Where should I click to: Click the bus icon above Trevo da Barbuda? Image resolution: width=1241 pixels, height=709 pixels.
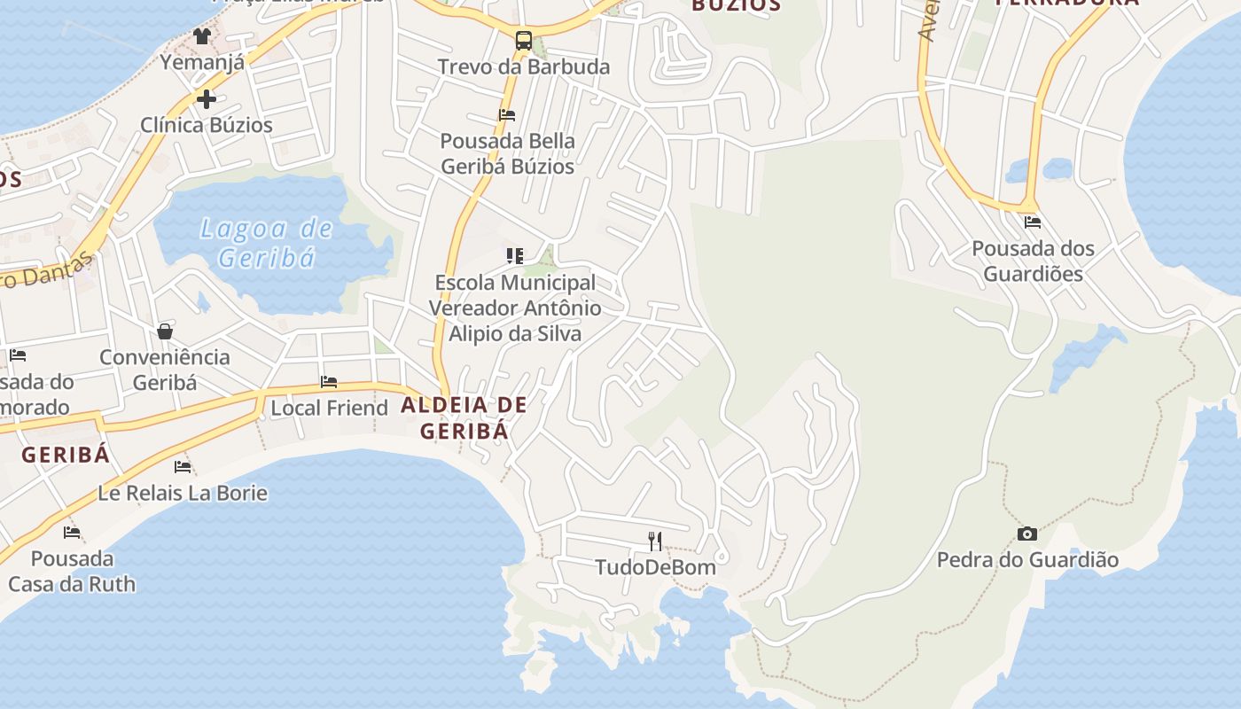tap(524, 40)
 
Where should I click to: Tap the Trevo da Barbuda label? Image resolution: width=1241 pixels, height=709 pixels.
tap(524, 66)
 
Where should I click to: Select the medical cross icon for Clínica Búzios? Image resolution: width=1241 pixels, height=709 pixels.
tap(207, 98)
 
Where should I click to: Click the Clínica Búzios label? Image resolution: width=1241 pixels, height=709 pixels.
tap(207, 125)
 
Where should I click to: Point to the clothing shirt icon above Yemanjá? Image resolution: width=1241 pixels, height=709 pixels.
tap(202, 36)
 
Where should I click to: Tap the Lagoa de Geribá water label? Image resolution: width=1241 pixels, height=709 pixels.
tap(267, 243)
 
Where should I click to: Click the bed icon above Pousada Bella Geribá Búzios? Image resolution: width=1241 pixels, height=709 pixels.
tap(507, 114)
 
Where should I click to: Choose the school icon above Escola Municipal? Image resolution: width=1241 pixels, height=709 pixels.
tap(514, 256)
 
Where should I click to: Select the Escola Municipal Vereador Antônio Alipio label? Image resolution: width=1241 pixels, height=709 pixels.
tap(515, 308)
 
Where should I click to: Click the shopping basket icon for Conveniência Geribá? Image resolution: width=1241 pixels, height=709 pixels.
tap(165, 331)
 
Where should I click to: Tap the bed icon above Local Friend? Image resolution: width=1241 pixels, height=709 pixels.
tap(329, 382)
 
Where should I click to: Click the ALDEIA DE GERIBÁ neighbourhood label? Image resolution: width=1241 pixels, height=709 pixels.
tap(464, 417)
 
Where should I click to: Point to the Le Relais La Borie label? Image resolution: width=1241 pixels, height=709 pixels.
tap(183, 493)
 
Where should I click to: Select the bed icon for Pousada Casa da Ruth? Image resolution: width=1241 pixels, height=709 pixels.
tap(72, 533)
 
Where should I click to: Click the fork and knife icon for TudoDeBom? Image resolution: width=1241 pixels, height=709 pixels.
tap(655, 541)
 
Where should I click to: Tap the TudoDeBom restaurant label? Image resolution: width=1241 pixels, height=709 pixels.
tap(655, 566)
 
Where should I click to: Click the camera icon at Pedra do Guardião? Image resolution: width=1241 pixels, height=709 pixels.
tap(1027, 534)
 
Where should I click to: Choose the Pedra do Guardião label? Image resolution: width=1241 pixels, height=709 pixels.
tap(1027, 560)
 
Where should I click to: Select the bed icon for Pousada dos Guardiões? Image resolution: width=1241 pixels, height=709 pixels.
tap(1033, 222)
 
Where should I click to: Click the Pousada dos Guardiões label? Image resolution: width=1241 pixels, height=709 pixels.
tap(1033, 261)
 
